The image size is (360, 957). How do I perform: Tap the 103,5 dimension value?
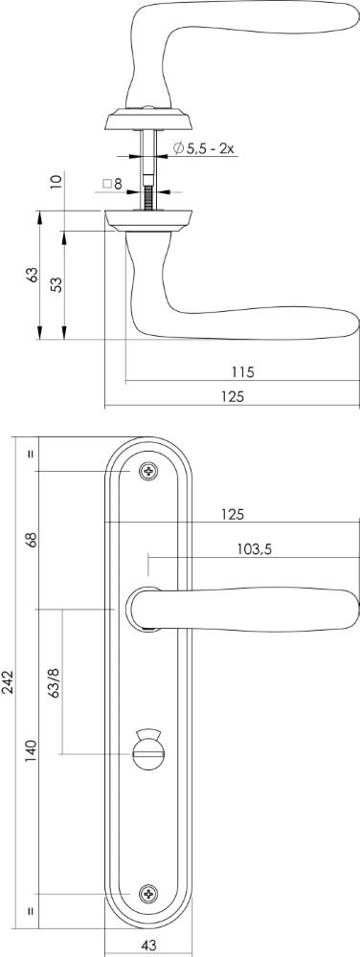(253, 549)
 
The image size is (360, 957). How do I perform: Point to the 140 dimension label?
(31, 749)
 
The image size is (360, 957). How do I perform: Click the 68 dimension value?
(31, 539)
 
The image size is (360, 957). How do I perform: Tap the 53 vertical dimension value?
(56, 285)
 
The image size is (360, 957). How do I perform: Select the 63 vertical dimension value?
(32, 275)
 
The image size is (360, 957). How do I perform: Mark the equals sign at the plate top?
(31, 453)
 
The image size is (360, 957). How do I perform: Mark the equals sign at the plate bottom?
(31, 911)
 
